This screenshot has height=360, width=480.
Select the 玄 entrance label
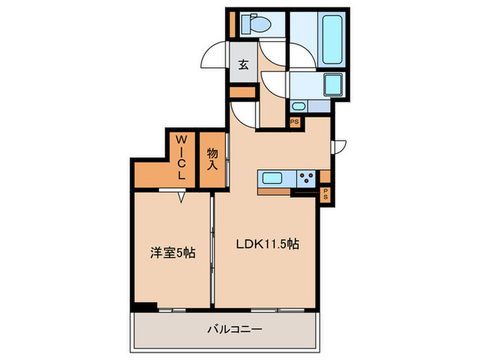point(243,66)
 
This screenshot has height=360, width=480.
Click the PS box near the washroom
point(294,122)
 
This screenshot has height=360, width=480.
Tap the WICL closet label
point(182,157)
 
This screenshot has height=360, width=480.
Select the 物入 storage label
point(212,160)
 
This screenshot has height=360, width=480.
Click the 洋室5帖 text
point(173,252)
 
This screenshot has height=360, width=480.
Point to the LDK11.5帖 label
point(267,243)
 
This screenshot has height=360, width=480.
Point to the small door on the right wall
point(339,147)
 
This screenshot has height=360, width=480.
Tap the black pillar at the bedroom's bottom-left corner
point(143,307)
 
